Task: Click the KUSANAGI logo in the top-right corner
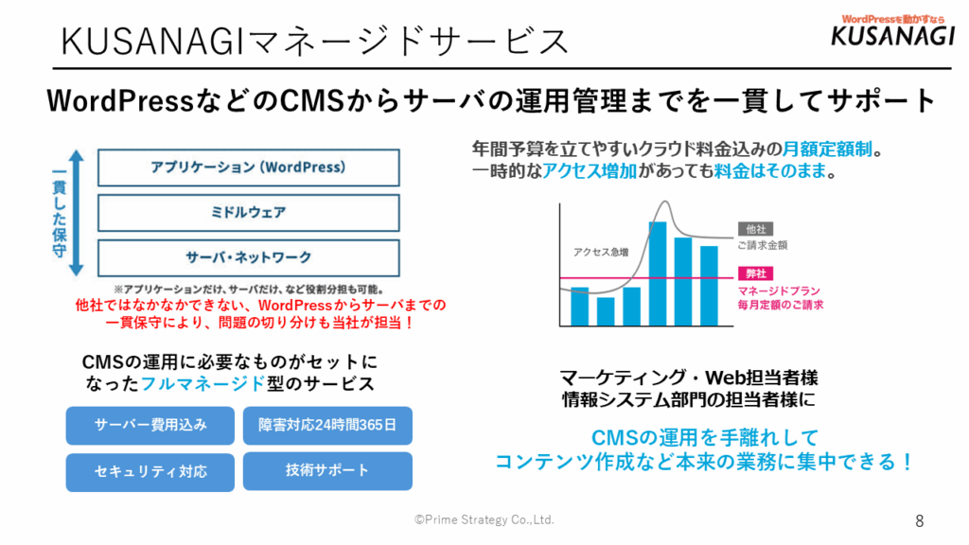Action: pos(893,31)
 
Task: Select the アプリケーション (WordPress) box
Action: pos(249,167)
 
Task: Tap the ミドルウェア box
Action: pos(249,213)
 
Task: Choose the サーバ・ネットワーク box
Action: pos(249,257)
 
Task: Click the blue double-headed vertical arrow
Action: pos(76,213)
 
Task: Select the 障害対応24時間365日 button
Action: pos(327,426)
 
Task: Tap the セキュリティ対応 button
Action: pos(150,472)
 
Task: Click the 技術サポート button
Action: pos(327,471)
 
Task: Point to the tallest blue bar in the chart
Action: pos(658,273)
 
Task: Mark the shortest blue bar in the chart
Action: pos(606,311)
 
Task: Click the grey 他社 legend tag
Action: pos(755,229)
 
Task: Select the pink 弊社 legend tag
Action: pos(755,273)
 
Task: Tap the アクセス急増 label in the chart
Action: pos(601,252)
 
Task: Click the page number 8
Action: pos(920,521)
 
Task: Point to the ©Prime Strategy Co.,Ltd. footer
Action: pos(484,519)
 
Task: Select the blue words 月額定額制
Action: pos(827,149)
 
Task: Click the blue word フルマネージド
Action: pos(203,384)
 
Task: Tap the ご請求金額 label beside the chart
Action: pos(763,245)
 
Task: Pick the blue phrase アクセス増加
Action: pos(590,171)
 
